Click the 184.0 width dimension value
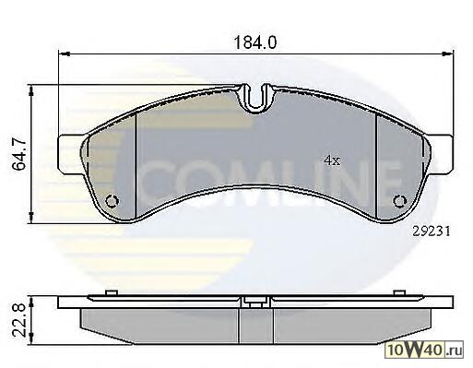click(255, 42)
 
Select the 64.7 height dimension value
click(19, 154)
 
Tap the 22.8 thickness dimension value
click(19, 320)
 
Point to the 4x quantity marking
click(332, 160)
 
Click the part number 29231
click(432, 231)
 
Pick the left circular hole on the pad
click(112, 201)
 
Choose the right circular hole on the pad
click(400, 201)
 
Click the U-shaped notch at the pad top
click(256, 99)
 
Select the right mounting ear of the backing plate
click(440, 154)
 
